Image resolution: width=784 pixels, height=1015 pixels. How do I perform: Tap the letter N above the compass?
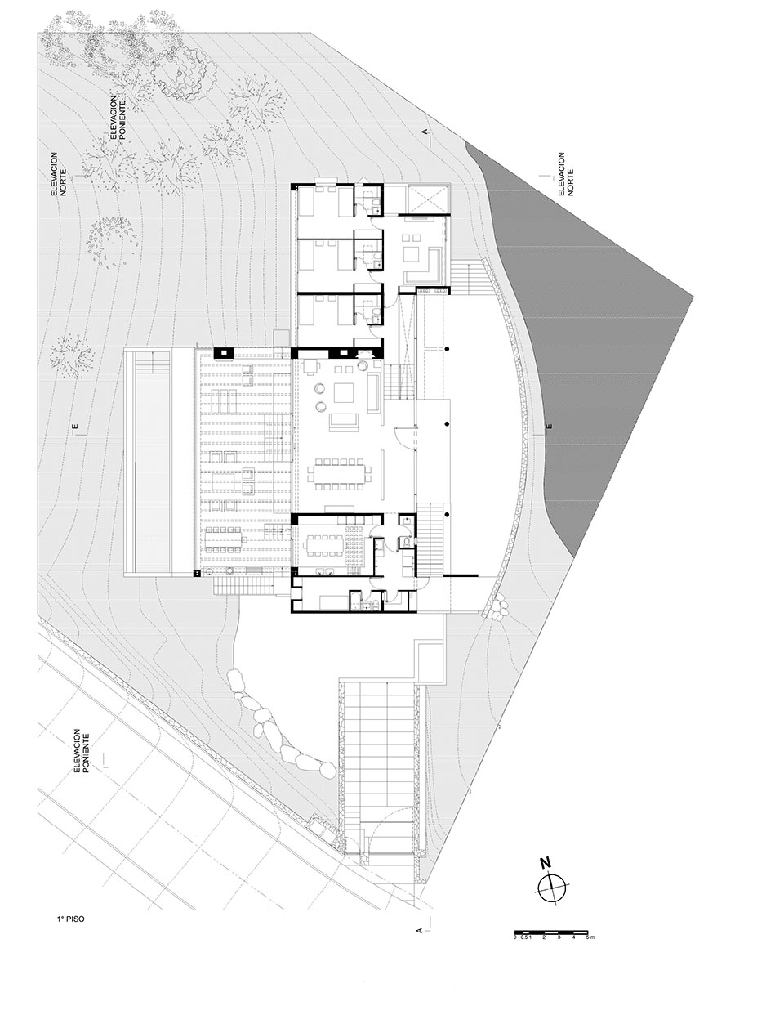(545, 863)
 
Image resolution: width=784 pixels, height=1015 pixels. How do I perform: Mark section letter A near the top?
(425, 130)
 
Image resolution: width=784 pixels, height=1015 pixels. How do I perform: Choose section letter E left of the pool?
(73, 427)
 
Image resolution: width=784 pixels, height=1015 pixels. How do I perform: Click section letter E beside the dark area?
(550, 427)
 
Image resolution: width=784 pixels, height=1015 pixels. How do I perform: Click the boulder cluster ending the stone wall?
(497, 610)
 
